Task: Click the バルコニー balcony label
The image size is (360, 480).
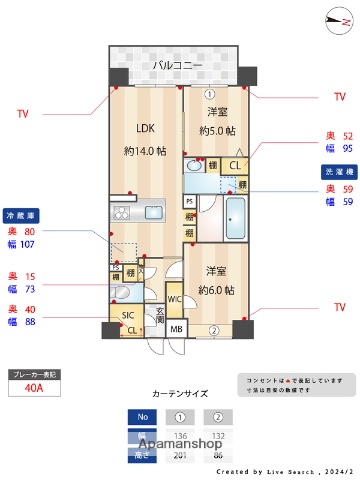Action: tap(177, 66)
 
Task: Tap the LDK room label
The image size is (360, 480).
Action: tap(144, 127)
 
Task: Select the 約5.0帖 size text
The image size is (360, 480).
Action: tap(216, 129)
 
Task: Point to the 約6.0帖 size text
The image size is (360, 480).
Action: tap(215, 289)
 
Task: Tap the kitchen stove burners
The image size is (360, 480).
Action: tap(122, 212)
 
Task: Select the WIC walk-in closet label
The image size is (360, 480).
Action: tap(173, 298)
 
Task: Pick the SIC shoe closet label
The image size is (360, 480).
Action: tap(128, 316)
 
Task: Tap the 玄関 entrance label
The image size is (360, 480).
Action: tap(160, 319)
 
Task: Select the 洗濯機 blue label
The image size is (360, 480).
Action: tap(336, 171)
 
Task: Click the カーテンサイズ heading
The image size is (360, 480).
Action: tap(179, 394)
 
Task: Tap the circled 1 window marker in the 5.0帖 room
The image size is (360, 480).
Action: tap(210, 96)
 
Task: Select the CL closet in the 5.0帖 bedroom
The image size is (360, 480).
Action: tap(235, 166)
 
